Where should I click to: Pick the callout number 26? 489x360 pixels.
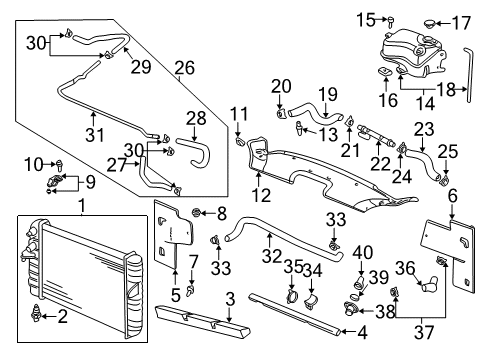184,69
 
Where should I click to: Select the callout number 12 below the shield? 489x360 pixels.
262,195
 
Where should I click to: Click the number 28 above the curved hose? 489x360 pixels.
195,119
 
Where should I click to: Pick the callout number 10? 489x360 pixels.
32,162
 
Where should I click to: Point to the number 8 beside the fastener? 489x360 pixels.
223,212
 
